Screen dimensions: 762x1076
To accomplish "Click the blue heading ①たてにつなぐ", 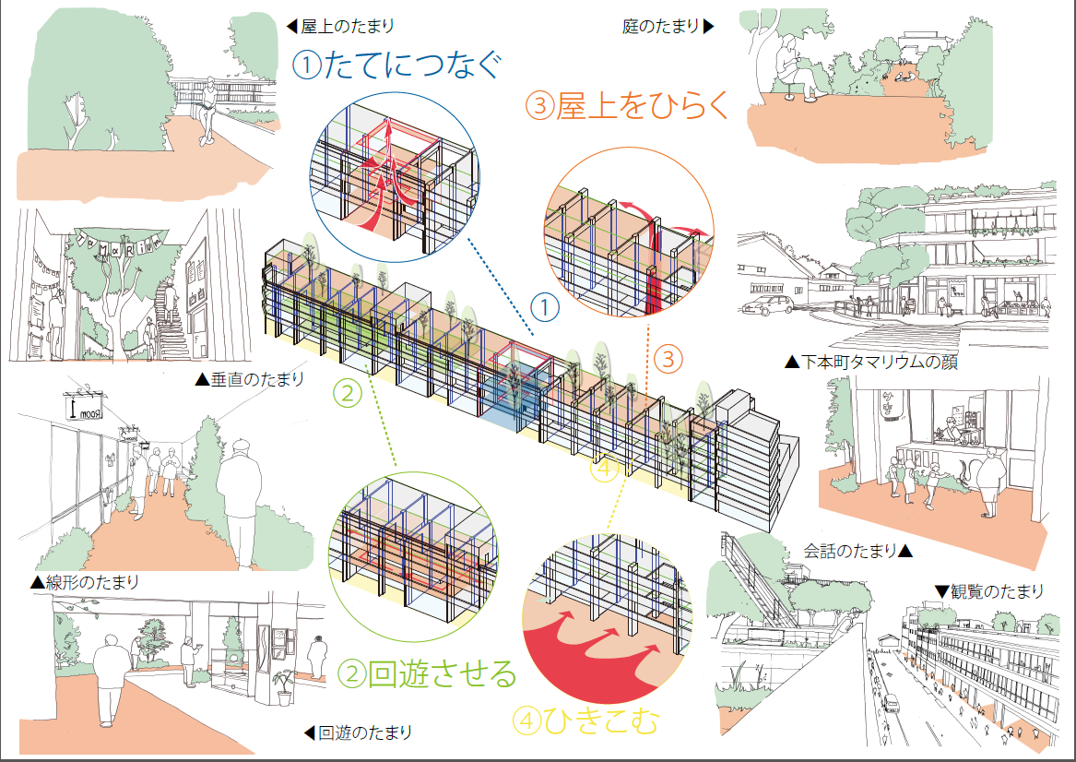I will click(x=398, y=65).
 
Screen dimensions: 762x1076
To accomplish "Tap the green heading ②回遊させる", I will click(x=428, y=673).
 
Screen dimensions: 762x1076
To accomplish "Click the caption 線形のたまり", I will click(x=84, y=582).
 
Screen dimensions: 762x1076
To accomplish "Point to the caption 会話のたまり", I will click(x=857, y=552).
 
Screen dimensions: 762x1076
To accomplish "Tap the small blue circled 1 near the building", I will click(x=546, y=308).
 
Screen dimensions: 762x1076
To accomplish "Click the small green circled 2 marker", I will click(x=348, y=395).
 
